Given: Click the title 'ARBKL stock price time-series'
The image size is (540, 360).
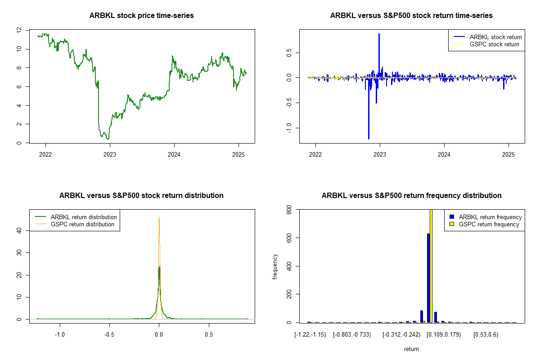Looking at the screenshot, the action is pyautogui.click(x=141, y=15).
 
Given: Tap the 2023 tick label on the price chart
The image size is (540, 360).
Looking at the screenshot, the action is pyautogui.click(x=110, y=154).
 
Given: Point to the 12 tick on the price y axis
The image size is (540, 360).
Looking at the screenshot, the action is pyautogui.click(x=19, y=30).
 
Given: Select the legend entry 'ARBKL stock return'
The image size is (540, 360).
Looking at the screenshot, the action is pyautogui.click(x=488, y=37).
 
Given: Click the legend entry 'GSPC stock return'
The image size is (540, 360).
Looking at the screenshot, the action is pyautogui.click(x=486, y=44).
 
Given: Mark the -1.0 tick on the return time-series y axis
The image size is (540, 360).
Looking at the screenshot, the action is pyautogui.click(x=289, y=128).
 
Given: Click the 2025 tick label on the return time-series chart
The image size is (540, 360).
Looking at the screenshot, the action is pyautogui.click(x=508, y=154).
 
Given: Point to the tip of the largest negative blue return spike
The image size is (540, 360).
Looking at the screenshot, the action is pyautogui.click(x=369, y=139).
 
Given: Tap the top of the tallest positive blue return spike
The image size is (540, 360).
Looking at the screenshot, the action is pyautogui.click(x=379, y=34).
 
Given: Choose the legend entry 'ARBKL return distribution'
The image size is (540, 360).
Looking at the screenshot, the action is pyautogui.click(x=76, y=217).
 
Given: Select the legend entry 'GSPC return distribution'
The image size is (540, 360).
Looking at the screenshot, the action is pyautogui.click(x=75, y=224).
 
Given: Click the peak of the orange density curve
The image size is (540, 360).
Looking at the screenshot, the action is pyautogui.click(x=159, y=217).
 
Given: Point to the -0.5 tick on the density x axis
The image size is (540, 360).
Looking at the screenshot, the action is pyautogui.click(x=109, y=334).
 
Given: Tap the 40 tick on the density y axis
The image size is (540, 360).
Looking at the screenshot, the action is pyautogui.click(x=19, y=231).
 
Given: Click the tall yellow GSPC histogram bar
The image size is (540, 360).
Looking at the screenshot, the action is pyautogui.click(x=431, y=265).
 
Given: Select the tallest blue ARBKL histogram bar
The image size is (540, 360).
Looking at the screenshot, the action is pyautogui.click(x=428, y=278).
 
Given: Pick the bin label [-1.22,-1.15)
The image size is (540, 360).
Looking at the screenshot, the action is pyautogui.click(x=310, y=335).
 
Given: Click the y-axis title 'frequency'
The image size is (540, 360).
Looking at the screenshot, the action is pyautogui.click(x=275, y=267).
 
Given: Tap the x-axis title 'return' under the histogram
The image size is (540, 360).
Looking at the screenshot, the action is pyautogui.click(x=411, y=349).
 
